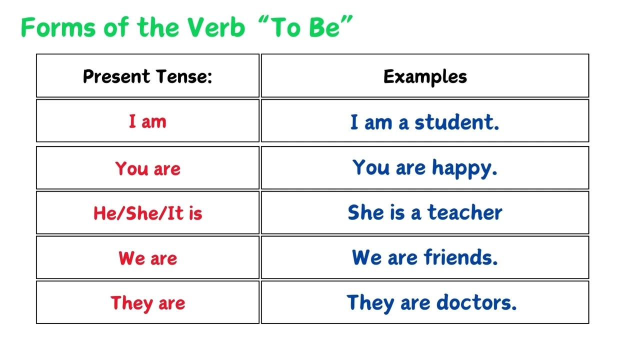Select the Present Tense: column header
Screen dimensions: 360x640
(147, 76)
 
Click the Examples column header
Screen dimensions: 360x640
(425, 76)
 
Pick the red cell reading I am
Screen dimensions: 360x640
(147, 121)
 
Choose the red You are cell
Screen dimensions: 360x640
(147, 168)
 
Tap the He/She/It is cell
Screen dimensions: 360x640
(147, 213)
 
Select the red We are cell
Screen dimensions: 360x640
(147, 258)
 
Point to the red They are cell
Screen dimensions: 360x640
(147, 303)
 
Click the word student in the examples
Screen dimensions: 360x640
(456, 122)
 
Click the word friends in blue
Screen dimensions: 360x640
(460, 258)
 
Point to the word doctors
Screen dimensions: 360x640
(476, 303)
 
